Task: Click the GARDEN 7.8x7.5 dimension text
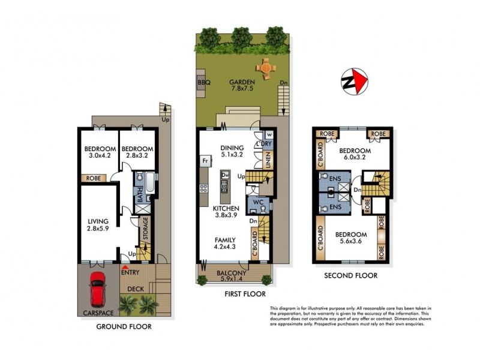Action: pyautogui.click(x=241, y=86)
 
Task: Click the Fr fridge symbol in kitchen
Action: pyautogui.click(x=205, y=161)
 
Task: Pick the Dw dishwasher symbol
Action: pyautogui.click(x=224, y=175)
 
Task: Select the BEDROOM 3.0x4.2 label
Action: pyautogui.click(x=99, y=153)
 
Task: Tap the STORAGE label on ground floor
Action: pyautogui.click(x=144, y=226)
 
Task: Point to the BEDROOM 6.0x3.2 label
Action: pyautogui.click(x=355, y=154)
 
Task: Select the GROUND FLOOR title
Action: pyautogui.click(x=124, y=327)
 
